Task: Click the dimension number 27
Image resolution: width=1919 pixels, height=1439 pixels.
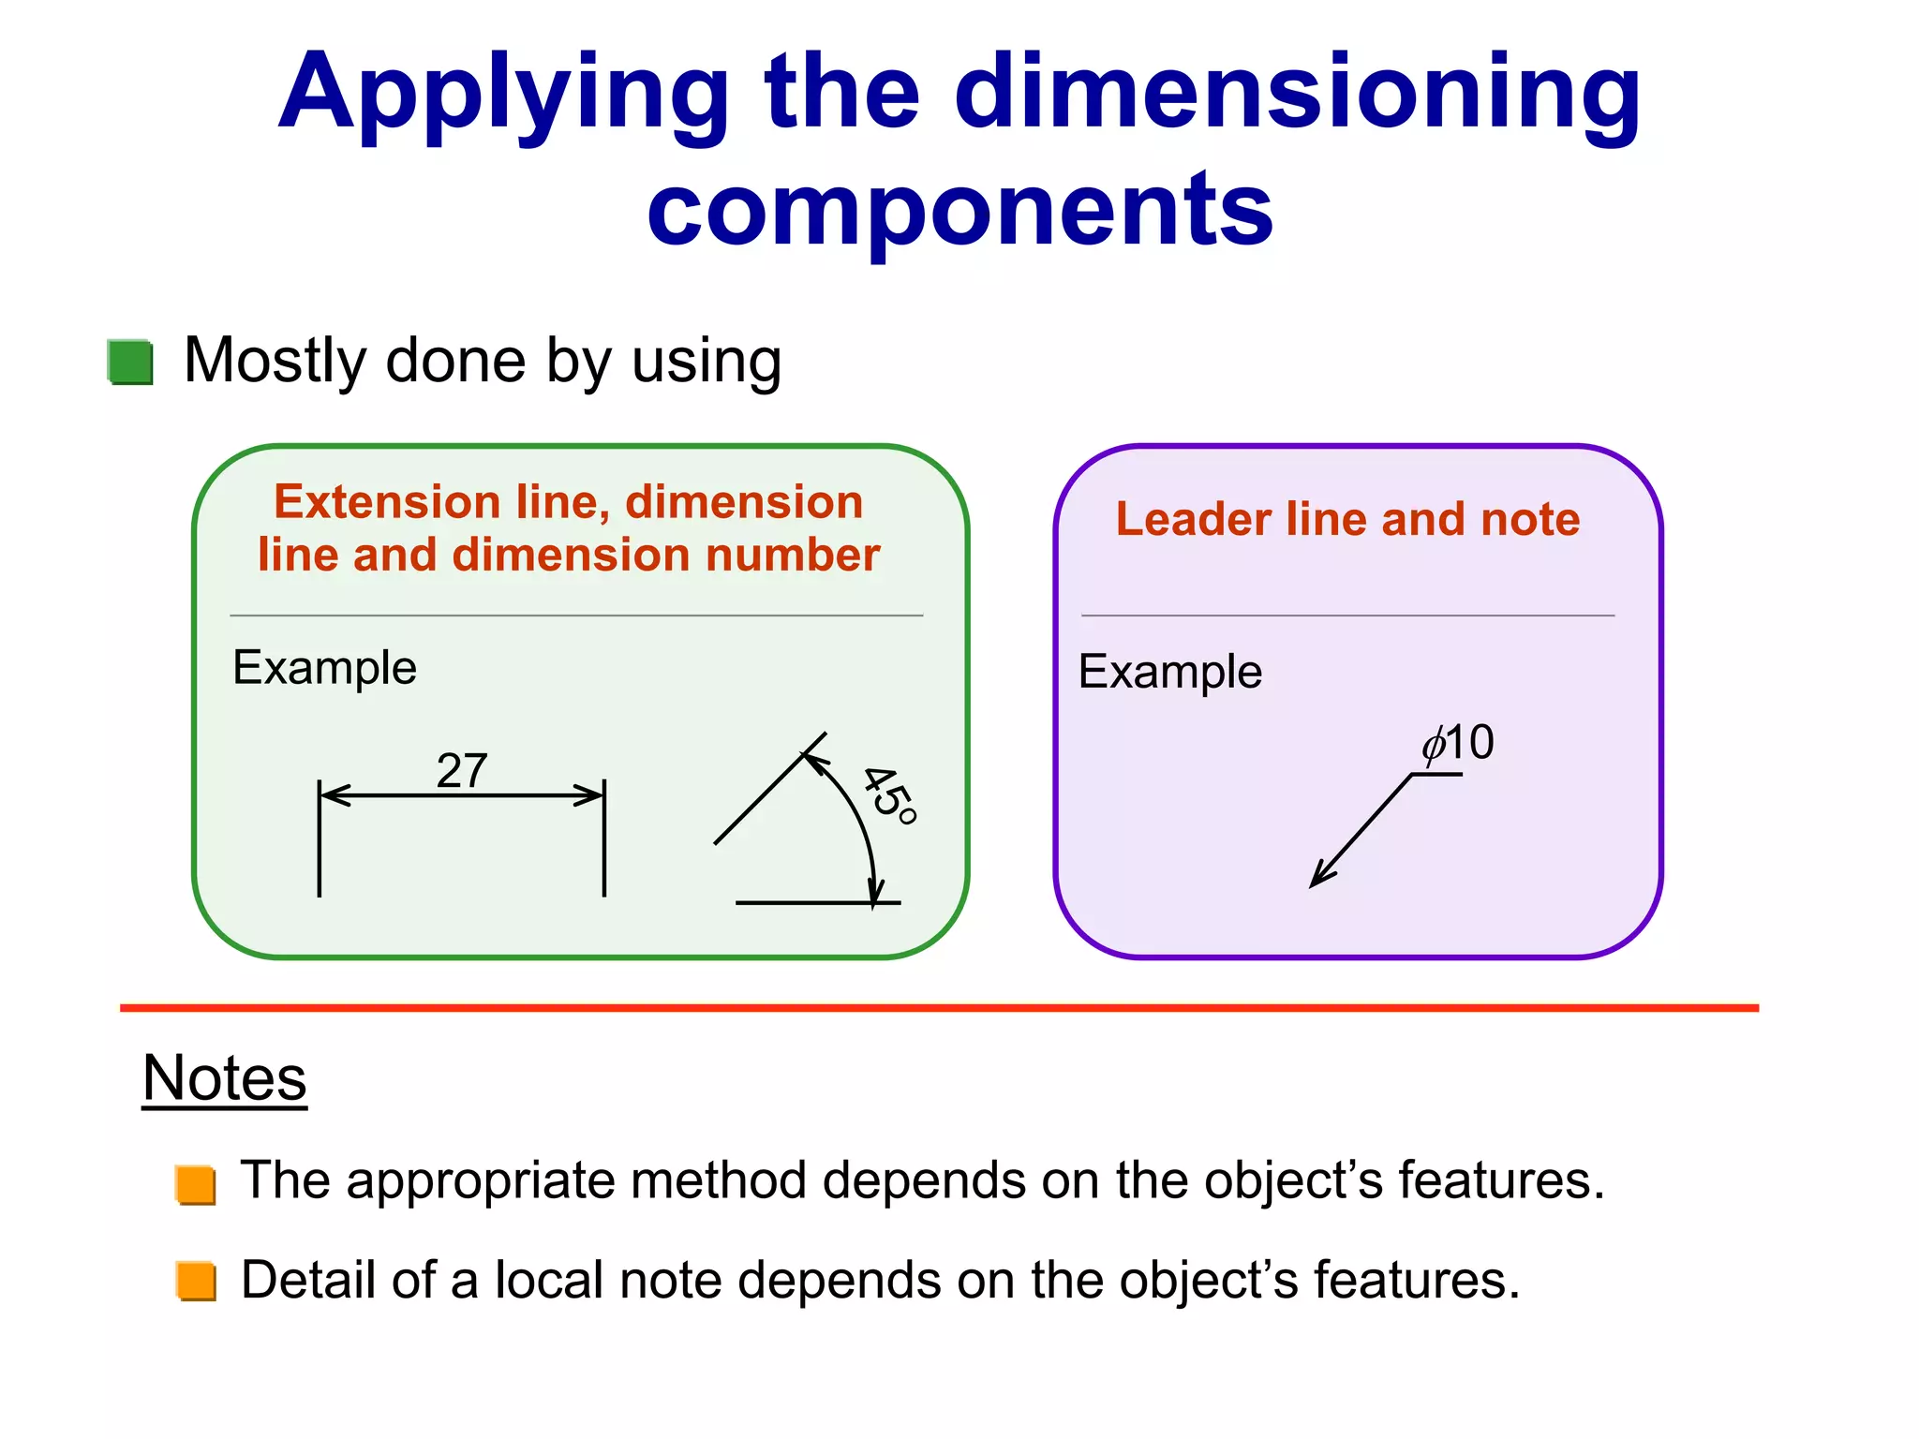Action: (x=462, y=771)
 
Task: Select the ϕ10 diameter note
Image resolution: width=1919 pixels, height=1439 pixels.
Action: (x=1458, y=744)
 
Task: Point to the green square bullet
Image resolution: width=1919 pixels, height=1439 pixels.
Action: (x=130, y=362)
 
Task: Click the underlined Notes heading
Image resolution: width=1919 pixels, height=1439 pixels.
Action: (x=225, y=1078)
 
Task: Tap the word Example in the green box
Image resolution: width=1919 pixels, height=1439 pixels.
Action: (x=324, y=668)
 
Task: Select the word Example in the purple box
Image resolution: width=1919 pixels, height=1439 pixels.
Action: (x=1170, y=672)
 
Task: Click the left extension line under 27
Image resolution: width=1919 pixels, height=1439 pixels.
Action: (x=320, y=843)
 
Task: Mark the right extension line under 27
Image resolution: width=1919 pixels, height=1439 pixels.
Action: (x=604, y=843)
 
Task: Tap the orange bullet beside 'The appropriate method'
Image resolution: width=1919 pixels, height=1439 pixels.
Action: (x=196, y=1184)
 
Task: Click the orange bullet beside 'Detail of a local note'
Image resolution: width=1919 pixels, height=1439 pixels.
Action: (x=196, y=1282)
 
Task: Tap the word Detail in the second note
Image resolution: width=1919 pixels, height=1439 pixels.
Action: (x=307, y=1280)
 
